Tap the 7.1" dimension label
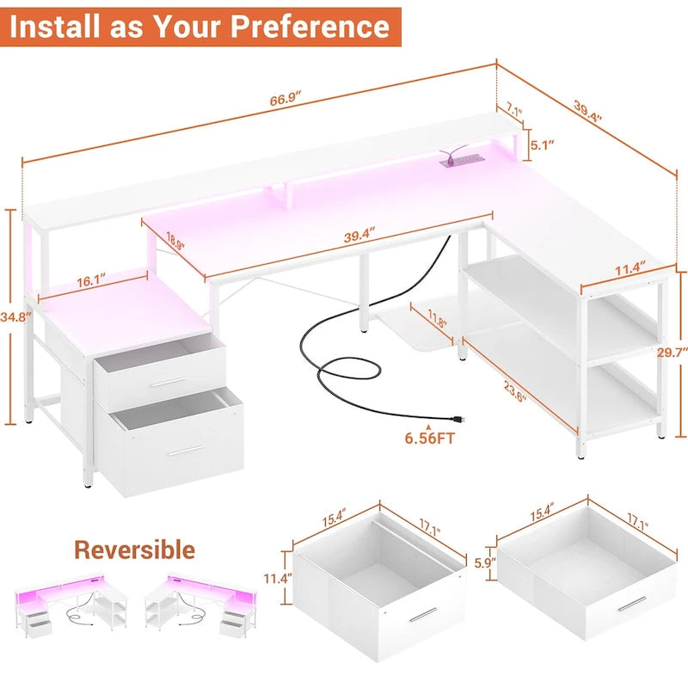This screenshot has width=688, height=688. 513,110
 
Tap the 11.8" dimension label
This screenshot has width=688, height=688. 439,323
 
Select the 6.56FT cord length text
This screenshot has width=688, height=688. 431,439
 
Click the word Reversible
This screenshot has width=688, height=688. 133,550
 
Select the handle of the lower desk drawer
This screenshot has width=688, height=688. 186,449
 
